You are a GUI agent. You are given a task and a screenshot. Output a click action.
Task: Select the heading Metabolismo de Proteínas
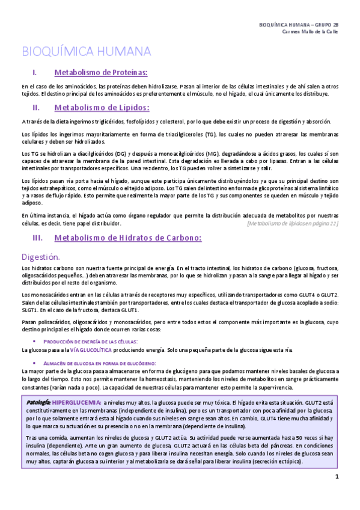point(101,73)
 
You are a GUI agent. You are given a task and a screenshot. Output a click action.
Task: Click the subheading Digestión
point(42,256)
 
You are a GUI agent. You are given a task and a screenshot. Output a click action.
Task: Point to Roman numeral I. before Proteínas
point(35,73)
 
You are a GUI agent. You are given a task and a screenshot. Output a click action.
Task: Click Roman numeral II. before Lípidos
point(35,108)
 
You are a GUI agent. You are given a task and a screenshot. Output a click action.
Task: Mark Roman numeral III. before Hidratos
point(37,238)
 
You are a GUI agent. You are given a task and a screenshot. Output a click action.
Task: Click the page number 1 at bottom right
point(337,477)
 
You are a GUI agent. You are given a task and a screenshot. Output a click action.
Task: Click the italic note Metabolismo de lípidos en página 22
point(293,223)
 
